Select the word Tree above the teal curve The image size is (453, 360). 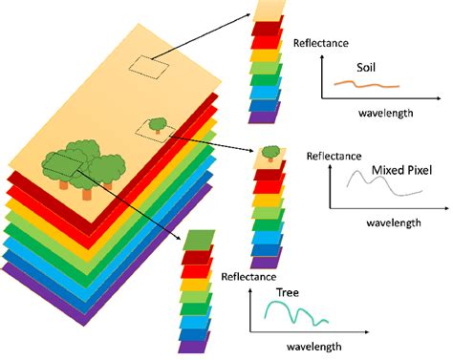(x=288, y=291)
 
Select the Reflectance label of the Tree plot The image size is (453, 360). (x=249, y=277)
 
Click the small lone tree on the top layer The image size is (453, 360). (x=155, y=123)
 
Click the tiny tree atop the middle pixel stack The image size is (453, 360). (x=271, y=151)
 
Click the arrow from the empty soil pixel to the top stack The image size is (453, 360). (x=206, y=39)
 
